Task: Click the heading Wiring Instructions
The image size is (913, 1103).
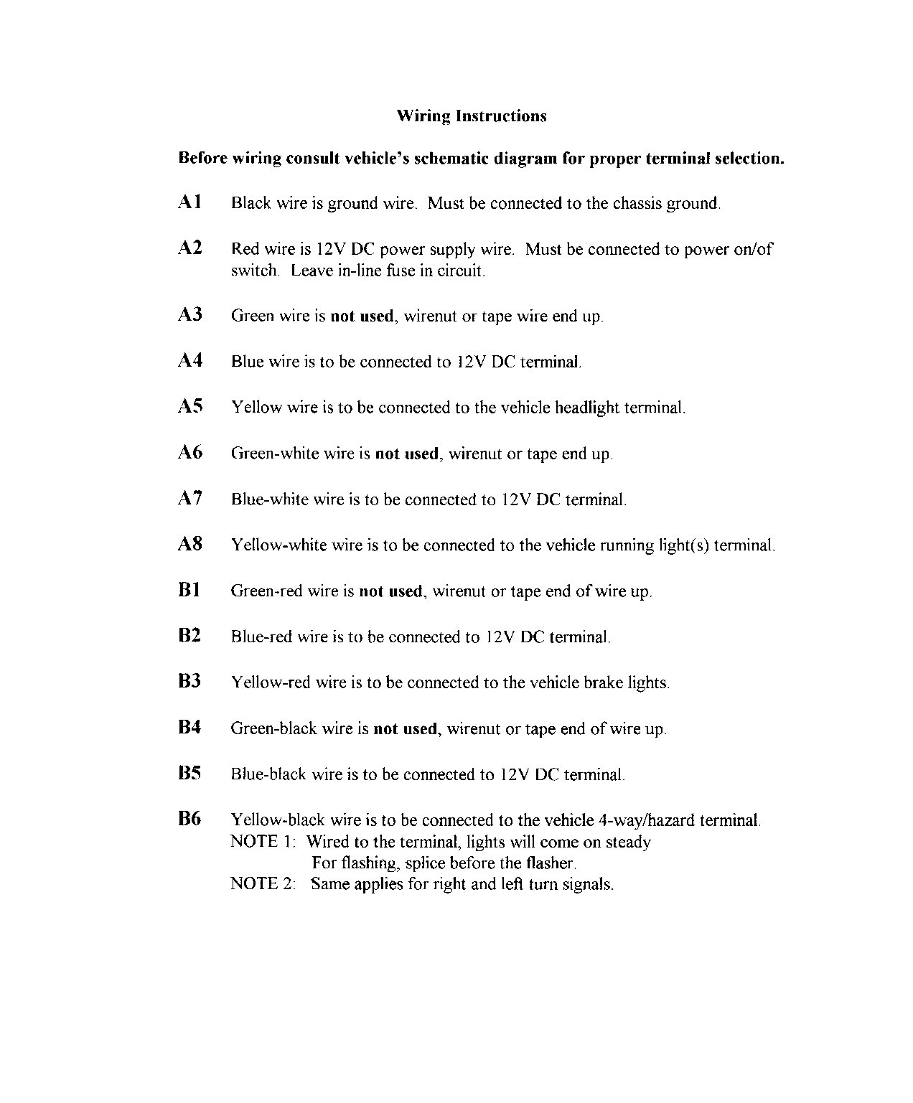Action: (x=471, y=116)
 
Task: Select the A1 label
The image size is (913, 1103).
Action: (x=189, y=202)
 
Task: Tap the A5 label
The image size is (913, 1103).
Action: (x=190, y=407)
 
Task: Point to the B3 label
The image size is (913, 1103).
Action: (x=189, y=682)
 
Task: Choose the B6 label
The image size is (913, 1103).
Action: (x=189, y=819)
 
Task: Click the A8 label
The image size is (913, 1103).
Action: (x=190, y=545)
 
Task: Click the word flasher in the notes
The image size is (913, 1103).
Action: (x=551, y=863)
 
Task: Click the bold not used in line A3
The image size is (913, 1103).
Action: (x=362, y=316)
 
